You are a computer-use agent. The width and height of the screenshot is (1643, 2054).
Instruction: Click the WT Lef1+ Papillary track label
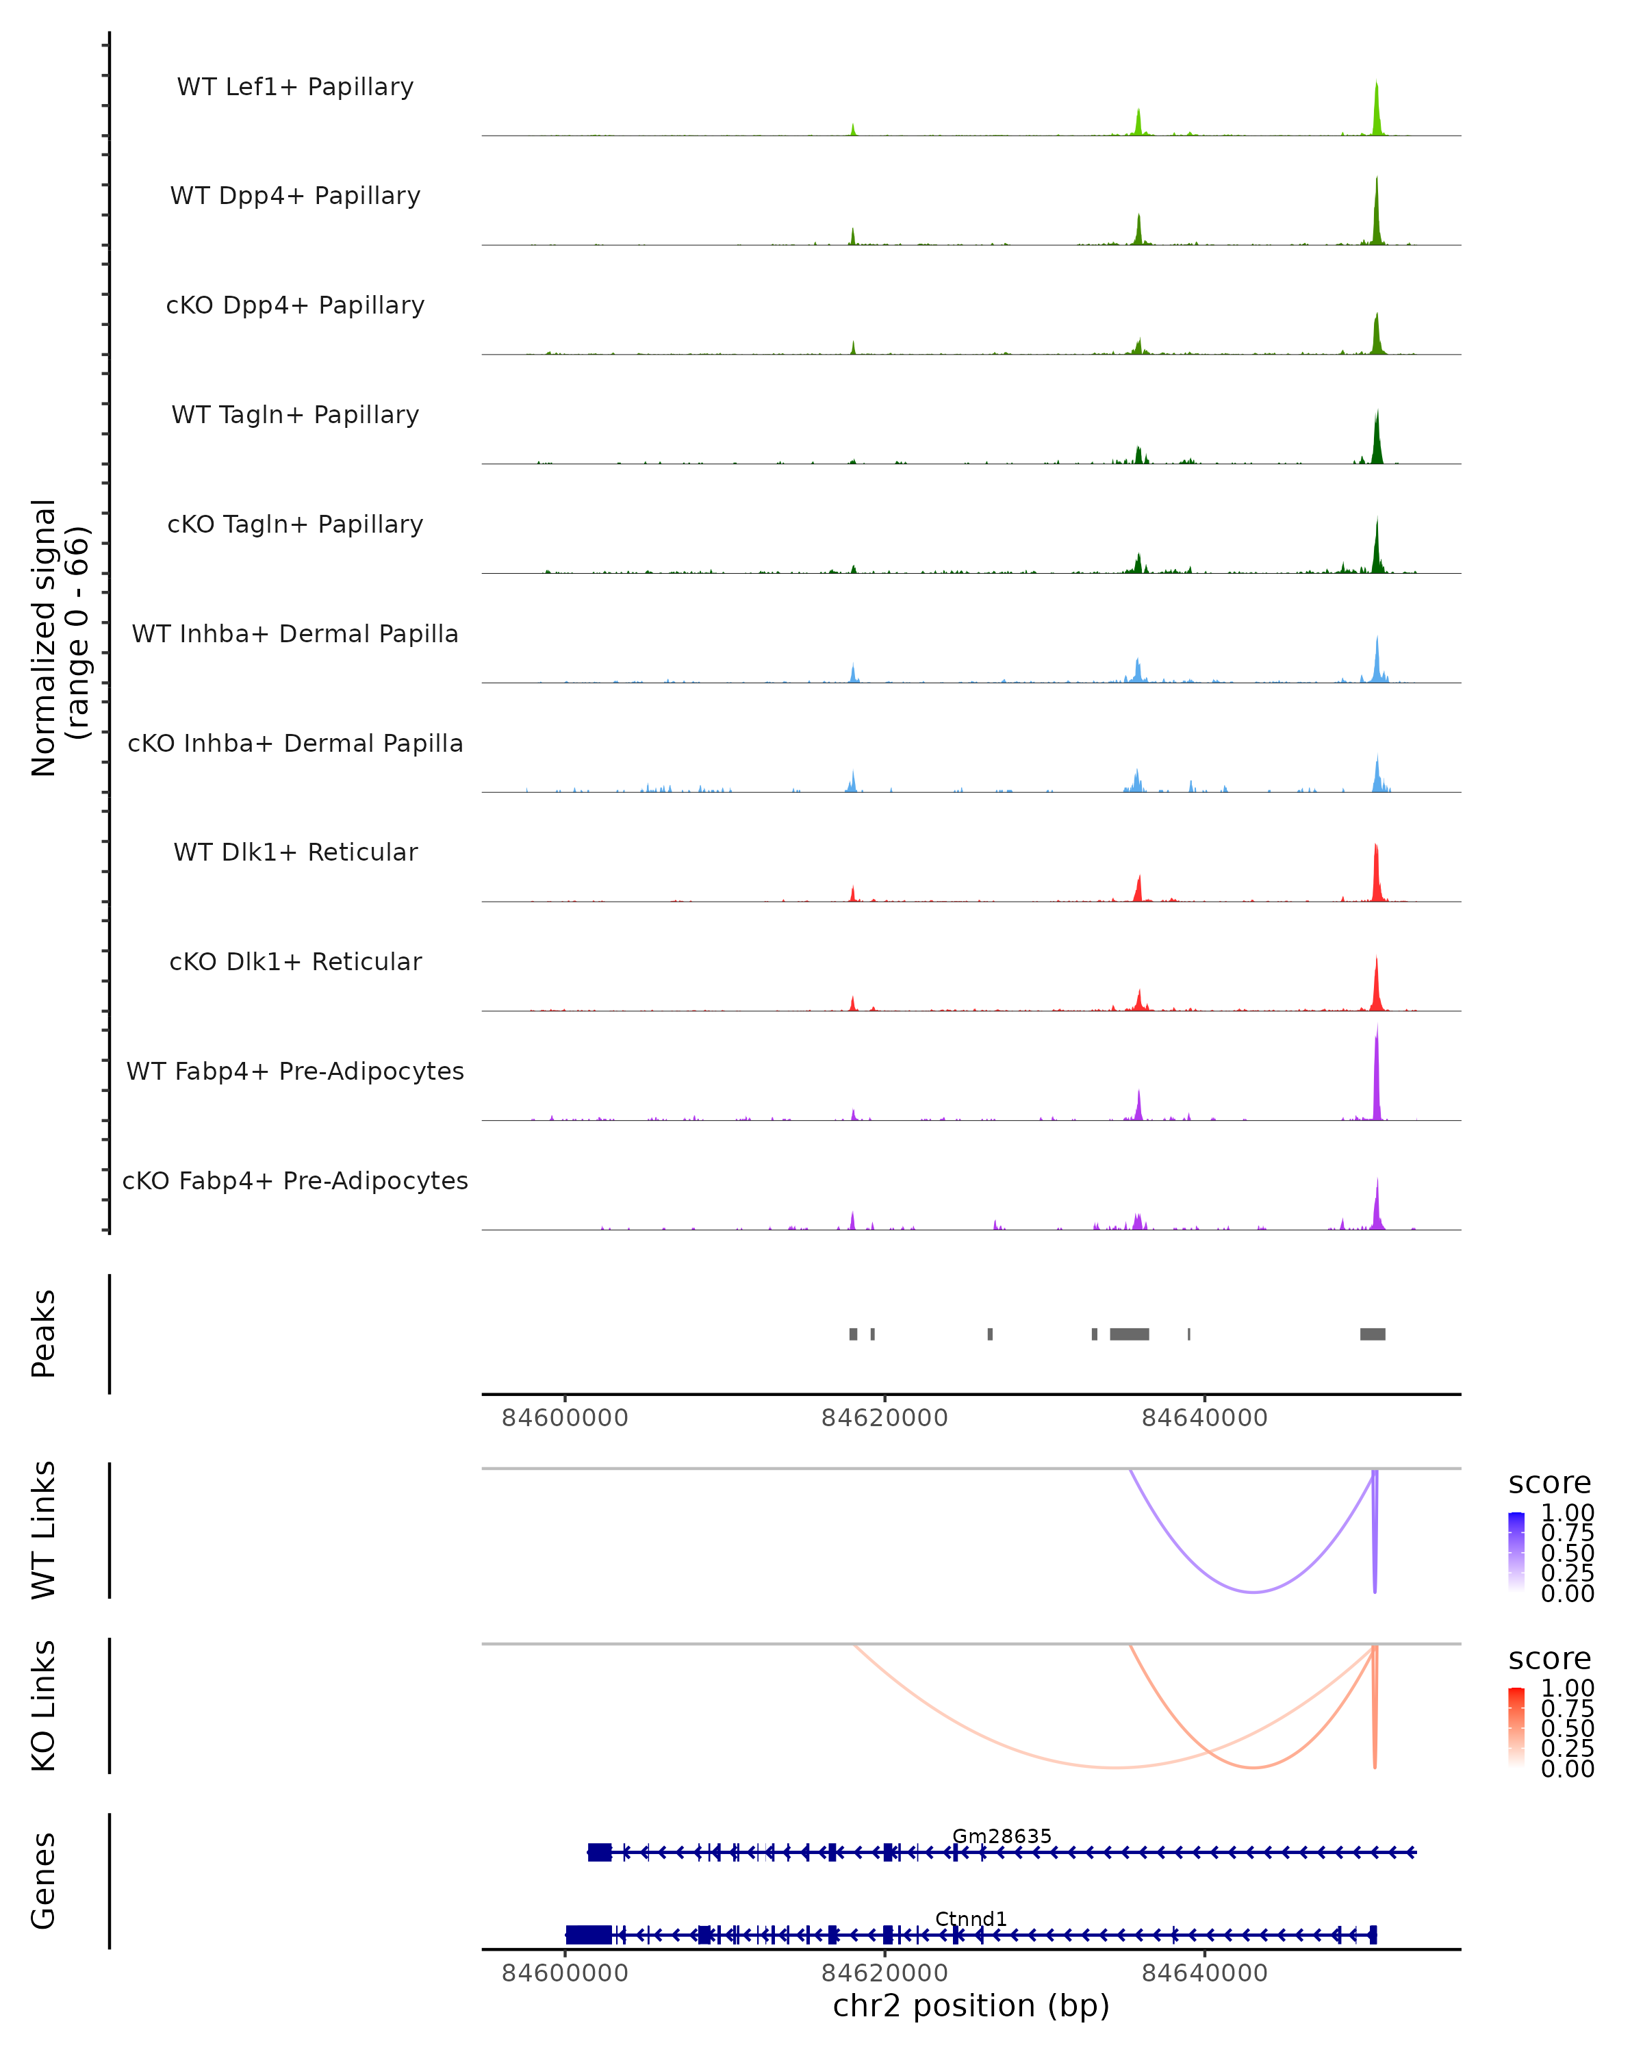295,87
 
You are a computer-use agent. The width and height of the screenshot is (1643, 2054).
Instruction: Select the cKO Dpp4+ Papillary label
295,306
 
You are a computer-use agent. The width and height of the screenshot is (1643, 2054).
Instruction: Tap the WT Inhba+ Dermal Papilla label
295,635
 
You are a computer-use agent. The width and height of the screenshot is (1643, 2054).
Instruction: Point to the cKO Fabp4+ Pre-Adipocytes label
295,1181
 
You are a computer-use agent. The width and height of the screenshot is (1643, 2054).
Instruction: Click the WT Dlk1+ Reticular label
295,852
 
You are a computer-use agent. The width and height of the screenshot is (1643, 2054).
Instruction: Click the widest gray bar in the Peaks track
1129,1334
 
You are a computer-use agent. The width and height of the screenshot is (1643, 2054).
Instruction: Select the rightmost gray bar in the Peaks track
1373,1334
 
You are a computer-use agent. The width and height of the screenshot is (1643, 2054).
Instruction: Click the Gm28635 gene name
1002,1836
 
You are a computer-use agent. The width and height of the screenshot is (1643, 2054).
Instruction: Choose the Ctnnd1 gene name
971,1918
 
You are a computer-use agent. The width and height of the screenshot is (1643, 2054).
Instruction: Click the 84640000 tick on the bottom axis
1204,1973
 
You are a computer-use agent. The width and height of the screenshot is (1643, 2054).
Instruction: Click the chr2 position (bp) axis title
971,2006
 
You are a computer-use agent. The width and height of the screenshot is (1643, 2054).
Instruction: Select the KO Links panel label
44,1706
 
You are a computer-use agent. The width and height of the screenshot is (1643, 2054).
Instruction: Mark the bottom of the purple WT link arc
1254,1592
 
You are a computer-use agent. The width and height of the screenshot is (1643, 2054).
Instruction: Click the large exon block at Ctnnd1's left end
589,1935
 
